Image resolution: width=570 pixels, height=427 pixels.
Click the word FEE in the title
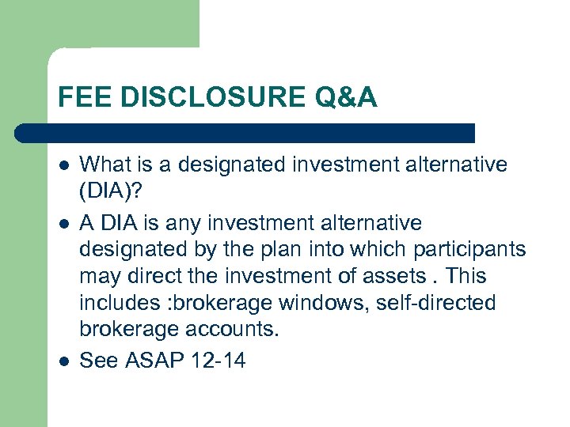80,98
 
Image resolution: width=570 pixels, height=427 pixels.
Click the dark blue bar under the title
245,132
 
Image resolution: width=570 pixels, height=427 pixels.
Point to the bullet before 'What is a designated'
63,165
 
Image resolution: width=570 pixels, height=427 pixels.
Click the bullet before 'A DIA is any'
63,223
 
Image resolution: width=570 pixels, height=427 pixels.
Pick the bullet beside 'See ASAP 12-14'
63,361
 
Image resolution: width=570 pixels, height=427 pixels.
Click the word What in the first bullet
103,164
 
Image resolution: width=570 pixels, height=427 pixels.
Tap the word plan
292,249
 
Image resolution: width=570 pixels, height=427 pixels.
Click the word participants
469,249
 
